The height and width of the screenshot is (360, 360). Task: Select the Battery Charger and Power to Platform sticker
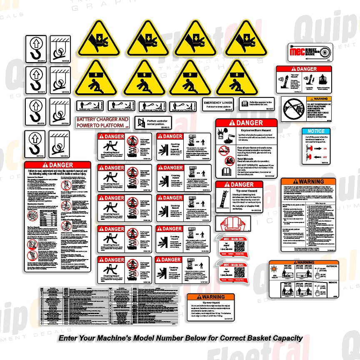point(103,122)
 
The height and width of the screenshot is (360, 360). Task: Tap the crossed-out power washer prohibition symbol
point(294,107)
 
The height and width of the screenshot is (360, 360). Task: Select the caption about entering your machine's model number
point(179,338)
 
